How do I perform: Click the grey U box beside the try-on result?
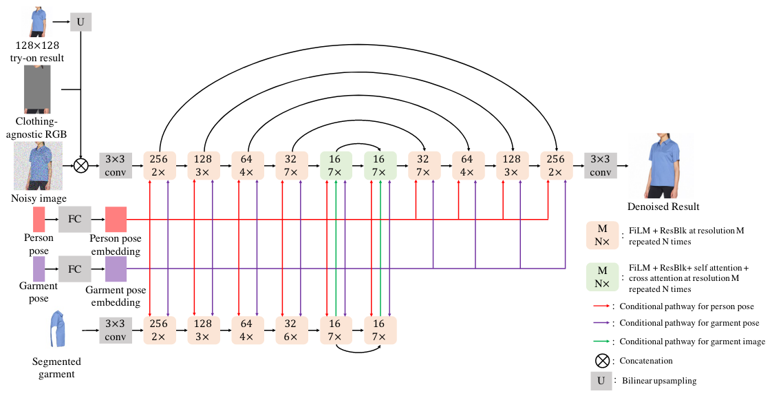(81, 22)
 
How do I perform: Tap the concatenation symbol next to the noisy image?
(81, 165)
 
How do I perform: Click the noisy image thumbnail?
(39, 166)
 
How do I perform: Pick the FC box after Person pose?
(74, 220)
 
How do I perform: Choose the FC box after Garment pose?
(74, 269)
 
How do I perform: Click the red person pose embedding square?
(116, 220)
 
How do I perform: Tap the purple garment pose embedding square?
(116, 269)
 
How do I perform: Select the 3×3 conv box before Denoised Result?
(600, 165)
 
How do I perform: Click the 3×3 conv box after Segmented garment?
(116, 330)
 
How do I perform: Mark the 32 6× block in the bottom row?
(292, 330)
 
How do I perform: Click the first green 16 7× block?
(336, 165)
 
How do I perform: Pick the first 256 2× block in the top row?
(160, 165)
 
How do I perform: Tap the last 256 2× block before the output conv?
(556, 165)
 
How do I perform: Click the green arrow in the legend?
(603, 342)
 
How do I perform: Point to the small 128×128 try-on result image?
(39, 21)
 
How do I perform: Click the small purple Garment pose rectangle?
(39, 269)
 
